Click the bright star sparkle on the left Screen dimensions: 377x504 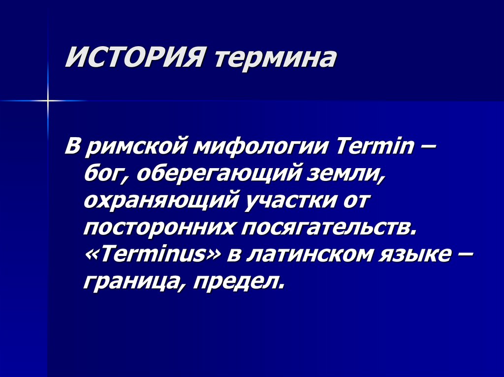click(48, 100)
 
